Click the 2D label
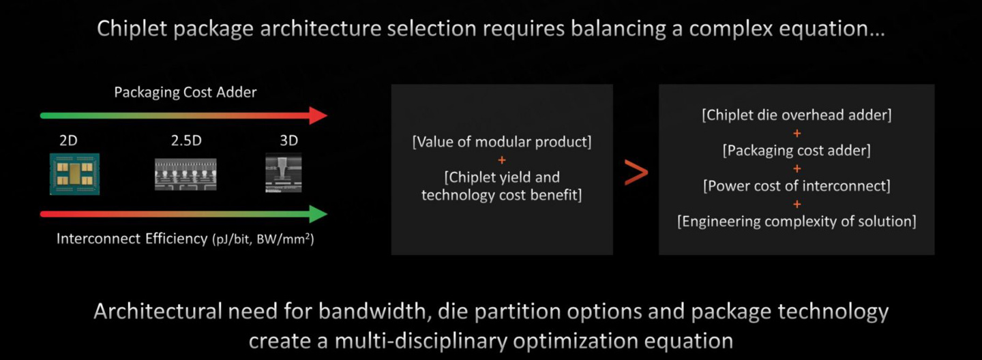[x=68, y=140]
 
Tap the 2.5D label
[x=186, y=140]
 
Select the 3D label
[x=289, y=140]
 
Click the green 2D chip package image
[x=74, y=174]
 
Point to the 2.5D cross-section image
[x=185, y=174]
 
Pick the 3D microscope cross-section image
[x=284, y=172]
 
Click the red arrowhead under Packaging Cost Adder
[x=318, y=116]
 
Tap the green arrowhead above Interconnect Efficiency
[x=318, y=214]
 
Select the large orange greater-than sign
[x=636, y=172]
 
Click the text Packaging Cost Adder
[x=185, y=92]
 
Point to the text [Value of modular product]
[x=502, y=142]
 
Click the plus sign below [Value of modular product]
[x=502, y=160]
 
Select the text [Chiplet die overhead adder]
[x=797, y=115]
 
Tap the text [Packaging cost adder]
[x=797, y=151]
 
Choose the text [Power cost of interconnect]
[x=797, y=186]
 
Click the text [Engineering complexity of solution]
[x=797, y=221]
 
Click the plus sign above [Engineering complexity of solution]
[x=797, y=204]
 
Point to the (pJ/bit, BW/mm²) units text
[x=263, y=239]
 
